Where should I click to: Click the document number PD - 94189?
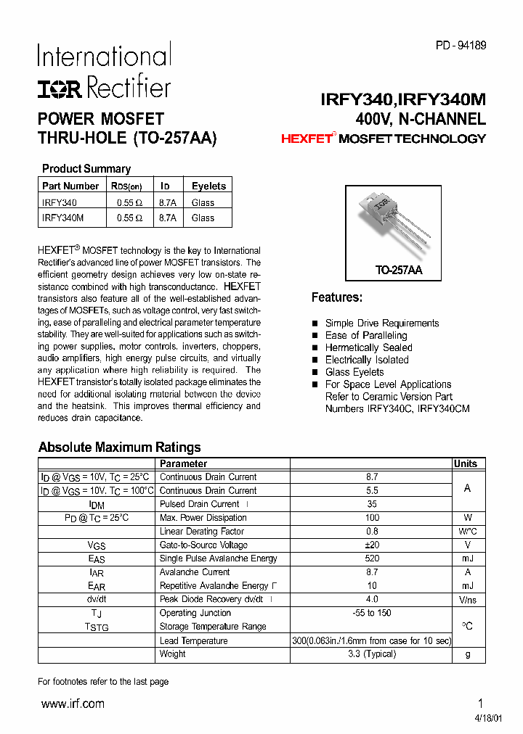461,45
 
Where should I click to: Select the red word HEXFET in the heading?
306,139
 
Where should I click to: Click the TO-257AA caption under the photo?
398,270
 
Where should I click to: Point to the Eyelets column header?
208,186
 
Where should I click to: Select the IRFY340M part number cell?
63,218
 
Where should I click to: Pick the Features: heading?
336,297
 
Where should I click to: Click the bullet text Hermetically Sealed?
368,347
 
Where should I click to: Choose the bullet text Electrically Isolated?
367,360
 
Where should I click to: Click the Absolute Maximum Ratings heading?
119,448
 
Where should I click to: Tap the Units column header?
466,463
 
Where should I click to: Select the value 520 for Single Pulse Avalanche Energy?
372,558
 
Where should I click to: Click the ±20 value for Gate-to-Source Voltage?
372,545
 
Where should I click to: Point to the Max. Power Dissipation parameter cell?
203,518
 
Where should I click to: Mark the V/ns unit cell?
467,600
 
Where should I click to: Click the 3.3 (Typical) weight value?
372,653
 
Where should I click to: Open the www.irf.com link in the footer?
73,704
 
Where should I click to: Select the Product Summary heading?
86,169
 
